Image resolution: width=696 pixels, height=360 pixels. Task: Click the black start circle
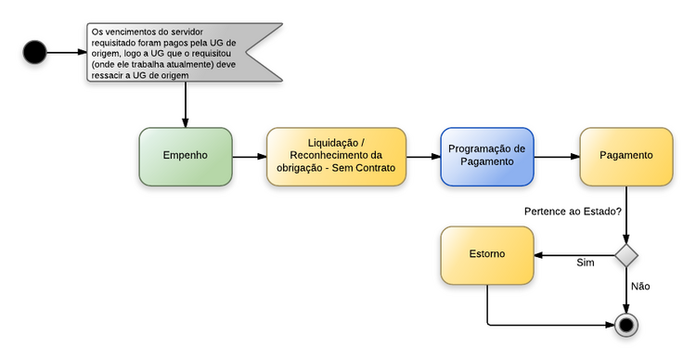click(x=35, y=52)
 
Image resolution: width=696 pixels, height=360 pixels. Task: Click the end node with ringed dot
click(x=628, y=325)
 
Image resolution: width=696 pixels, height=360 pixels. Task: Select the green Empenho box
click(x=186, y=156)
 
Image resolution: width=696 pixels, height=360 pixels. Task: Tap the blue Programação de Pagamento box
click(x=487, y=156)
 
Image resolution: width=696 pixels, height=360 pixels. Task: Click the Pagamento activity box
click(x=626, y=156)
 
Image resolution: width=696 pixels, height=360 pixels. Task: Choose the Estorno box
click(x=487, y=254)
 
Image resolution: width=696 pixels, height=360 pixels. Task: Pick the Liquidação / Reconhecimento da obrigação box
click(x=337, y=156)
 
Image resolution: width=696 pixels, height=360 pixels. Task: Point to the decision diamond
click(x=628, y=255)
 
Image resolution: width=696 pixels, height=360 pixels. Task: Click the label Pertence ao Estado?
click(x=573, y=212)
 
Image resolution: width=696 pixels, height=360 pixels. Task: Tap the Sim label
click(x=585, y=264)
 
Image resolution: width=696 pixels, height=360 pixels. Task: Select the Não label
click(x=640, y=287)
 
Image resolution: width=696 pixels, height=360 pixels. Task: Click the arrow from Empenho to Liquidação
click(x=249, y=157)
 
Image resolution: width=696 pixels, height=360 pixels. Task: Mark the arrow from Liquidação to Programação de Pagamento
click(x=423, y=157)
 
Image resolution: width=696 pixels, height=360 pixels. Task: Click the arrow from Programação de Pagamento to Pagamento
click(x=557, y=157)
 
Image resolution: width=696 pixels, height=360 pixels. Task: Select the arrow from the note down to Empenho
click(x=186, y=104)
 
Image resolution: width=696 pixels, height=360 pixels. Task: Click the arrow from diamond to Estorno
click(x=575, y=255)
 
